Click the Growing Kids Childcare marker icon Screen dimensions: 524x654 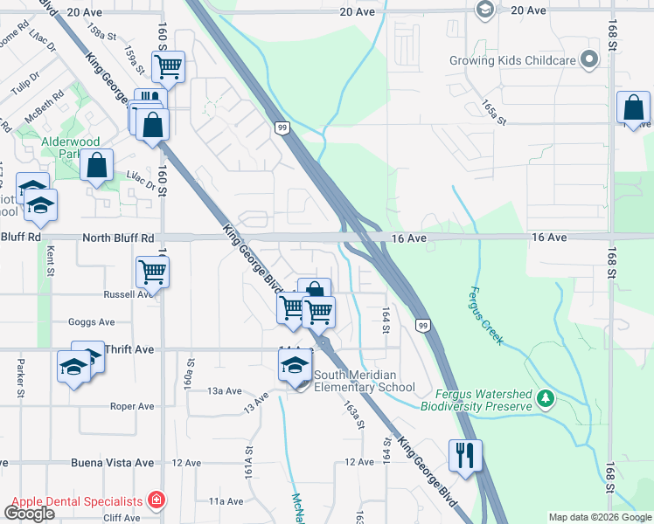point(589,60)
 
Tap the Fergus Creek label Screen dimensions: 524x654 point(487,315)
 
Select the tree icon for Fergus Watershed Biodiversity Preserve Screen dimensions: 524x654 point(546,399)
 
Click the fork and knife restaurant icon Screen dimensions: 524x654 point(465,455)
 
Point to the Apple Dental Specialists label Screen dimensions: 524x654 point(76,501)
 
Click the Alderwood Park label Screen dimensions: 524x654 point(70,148)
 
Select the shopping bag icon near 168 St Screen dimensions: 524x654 point(633,107)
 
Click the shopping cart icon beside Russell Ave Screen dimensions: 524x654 point(152,272)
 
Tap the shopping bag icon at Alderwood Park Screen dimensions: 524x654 point(97,164)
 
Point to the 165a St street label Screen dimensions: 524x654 point(493,114)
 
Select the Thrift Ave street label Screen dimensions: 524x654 point(129,349)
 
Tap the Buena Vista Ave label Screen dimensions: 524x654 point(119,463)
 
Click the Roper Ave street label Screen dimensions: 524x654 point(132,406)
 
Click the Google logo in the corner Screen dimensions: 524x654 point(29,514)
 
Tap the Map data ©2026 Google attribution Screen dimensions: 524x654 point(599,517)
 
